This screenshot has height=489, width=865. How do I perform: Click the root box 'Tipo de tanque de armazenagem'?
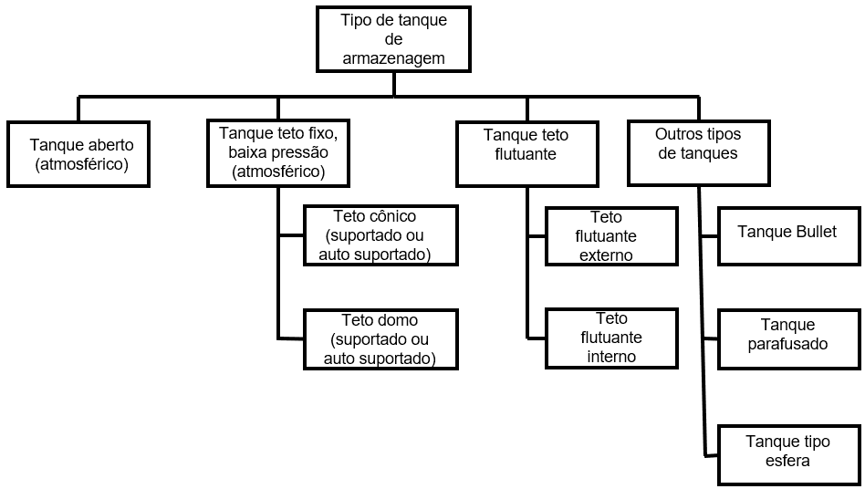[x=393, y=39]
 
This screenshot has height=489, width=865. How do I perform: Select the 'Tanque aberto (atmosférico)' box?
[x=78, y=154]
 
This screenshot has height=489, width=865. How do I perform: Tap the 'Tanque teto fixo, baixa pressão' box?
[x=278, y=153]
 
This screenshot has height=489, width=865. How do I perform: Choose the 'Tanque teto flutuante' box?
[x=527, y=154]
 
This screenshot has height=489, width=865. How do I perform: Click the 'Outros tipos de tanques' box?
[x=698, y=152]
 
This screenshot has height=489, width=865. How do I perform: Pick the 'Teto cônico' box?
[x=380, y=235]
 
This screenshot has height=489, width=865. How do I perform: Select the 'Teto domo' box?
[x=380, y=339]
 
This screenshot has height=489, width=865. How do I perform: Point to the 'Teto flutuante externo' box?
[x=611, y=236]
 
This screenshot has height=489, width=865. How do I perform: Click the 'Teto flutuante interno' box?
[x=611, y=338]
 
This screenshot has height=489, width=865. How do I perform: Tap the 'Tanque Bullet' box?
[x=789, y=236]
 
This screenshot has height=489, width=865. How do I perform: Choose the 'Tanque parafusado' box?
[x=789, y=339]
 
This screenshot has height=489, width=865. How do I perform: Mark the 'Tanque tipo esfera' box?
[x=789, y=455]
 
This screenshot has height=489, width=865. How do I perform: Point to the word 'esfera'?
[x=787, y=461]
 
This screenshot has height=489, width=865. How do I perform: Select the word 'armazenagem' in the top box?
[x=393, y=58]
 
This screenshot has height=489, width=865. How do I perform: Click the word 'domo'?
[x=399, y=319]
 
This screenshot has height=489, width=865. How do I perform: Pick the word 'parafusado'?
[x=787, y=344]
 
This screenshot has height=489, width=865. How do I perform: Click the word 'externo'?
[x=606, y=255]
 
